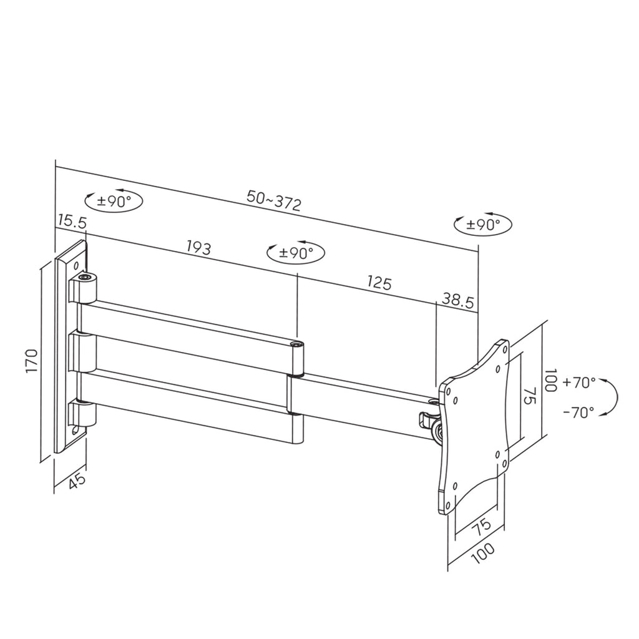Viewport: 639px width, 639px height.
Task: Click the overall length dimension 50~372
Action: coord(274,200)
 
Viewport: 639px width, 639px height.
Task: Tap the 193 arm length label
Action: coord(199,247)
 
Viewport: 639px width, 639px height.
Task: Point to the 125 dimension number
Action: coord(379,283)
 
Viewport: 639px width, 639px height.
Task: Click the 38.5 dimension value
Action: coord(458,301)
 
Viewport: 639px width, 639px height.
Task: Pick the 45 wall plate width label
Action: coord(77,481)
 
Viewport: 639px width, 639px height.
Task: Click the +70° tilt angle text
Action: coord(578,383)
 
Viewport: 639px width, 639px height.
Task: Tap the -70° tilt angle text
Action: coord(578,412)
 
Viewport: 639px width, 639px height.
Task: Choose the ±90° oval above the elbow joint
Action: coord(295,253)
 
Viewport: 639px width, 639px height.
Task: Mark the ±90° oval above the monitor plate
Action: coord(482,225)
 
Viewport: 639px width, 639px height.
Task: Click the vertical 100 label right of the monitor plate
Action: coord(550,380)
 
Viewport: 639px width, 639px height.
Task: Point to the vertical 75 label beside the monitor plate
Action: coord(528,397)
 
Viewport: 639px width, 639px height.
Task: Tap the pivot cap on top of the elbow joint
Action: coord(298,343)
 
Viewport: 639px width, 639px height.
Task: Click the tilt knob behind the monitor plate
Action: coord(435,429)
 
